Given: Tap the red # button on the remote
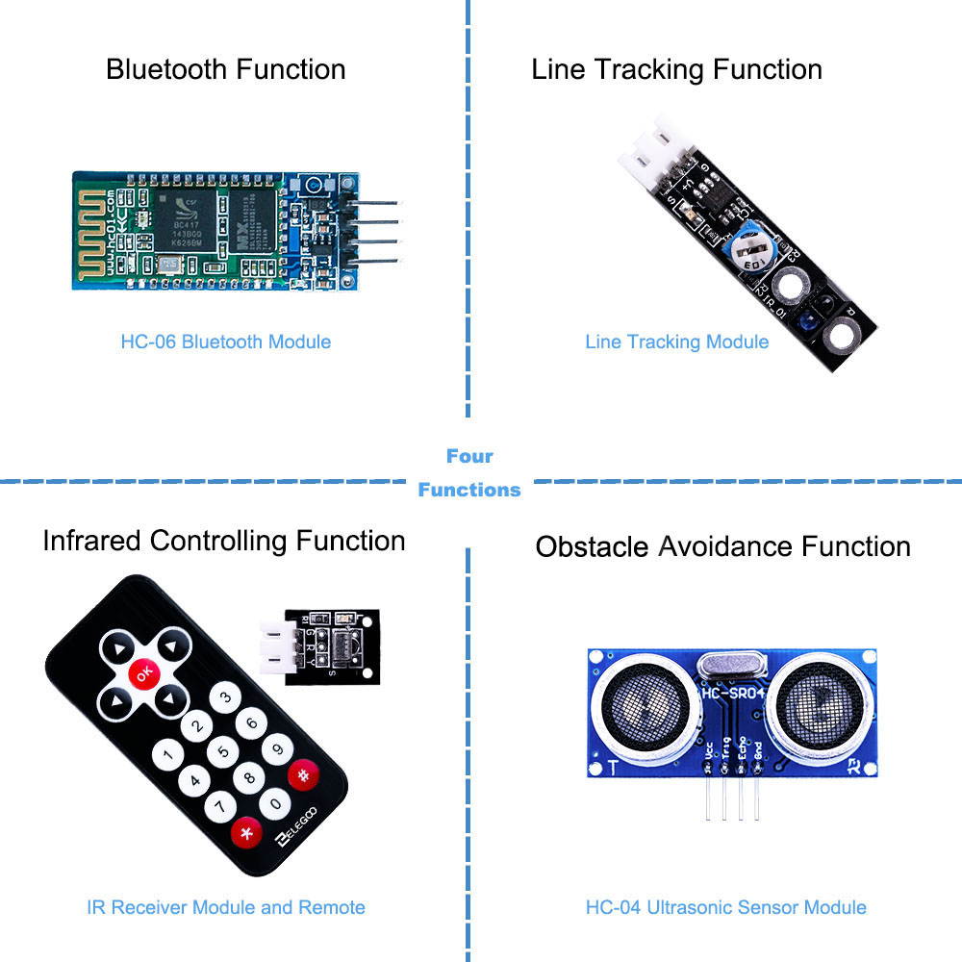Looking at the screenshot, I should [x=303, y=774].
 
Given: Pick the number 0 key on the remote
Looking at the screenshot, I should [x=276, y=802].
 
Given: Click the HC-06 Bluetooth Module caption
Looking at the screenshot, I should [x=225, y=342].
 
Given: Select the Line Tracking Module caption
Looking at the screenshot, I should [x=676, y=342].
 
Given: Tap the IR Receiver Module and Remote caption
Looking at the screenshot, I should [x=225, y=907].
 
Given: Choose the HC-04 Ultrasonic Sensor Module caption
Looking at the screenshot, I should [x=725, y=907].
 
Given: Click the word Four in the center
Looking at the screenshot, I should [x=469, y=456].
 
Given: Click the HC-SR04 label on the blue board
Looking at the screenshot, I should [x=733, y=693].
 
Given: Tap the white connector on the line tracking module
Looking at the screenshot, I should [x=646, y=154].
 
